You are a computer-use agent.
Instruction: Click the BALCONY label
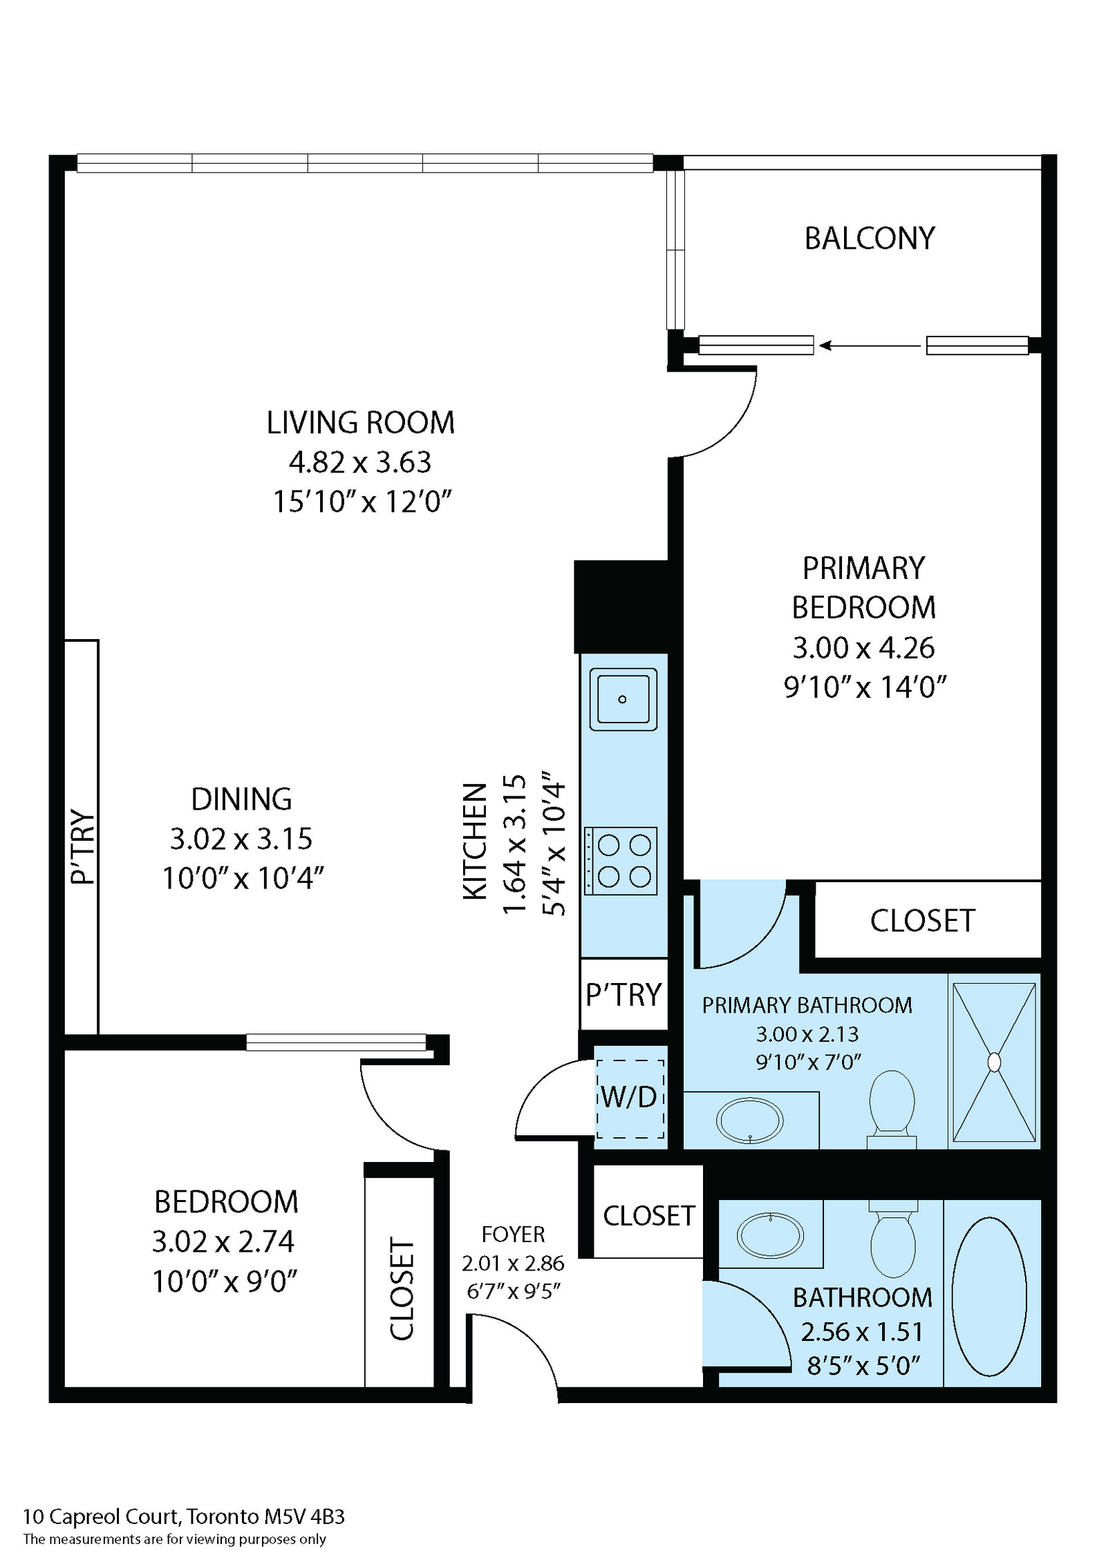point(869,238)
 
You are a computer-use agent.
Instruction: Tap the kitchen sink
point(623,699)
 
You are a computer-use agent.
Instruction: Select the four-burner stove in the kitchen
point(621,861)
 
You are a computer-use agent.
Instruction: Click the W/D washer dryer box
point(630,1098)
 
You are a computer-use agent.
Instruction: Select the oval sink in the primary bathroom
point(750,1120)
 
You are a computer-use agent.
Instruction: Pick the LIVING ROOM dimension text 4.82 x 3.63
point(360,462)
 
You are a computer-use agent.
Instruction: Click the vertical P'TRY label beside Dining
point(83,847)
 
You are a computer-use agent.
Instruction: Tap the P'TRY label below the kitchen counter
point(624,995)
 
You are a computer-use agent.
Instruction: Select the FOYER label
point(513,1234)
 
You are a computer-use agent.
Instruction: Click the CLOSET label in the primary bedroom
point(922,921)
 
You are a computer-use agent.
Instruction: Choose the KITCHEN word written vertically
point(475,841)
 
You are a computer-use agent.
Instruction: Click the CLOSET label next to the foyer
point(648,1215)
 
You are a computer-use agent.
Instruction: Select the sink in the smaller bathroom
point(771,1235)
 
